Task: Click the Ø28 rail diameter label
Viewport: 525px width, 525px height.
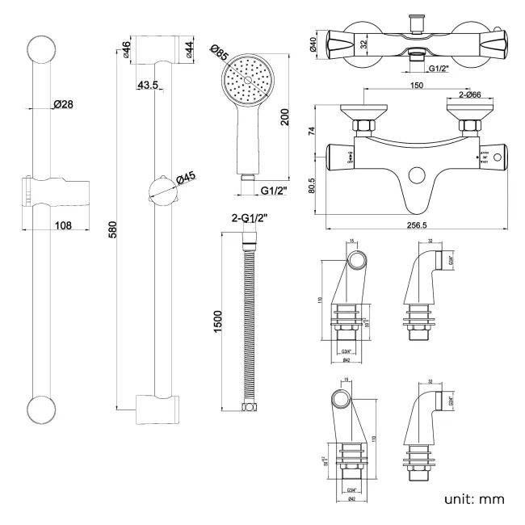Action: pos(64,103)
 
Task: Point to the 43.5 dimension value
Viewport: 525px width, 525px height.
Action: pos(148,85)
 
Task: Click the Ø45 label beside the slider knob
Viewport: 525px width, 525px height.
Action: pos(186,178)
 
